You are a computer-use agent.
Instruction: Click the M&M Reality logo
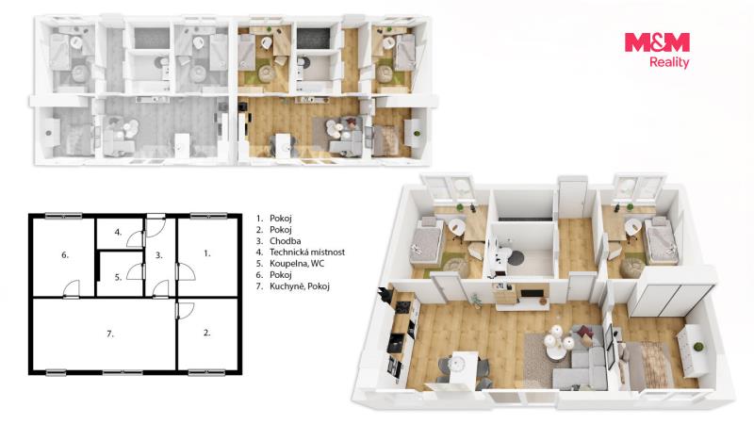[657, 51]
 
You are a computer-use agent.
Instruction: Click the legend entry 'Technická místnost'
[307, 252]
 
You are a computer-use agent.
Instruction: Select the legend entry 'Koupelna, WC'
[297, 264]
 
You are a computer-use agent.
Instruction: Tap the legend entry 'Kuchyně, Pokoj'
[299, 286]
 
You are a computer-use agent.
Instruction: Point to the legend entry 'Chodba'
[286, 241]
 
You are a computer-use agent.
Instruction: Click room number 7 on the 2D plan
[110, 334]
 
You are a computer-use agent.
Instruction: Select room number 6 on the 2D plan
[65, 254]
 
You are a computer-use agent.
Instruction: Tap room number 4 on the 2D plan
[119, 232]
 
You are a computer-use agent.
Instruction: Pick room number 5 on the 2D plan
[119, 277]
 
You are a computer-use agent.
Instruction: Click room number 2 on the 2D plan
[206, 333]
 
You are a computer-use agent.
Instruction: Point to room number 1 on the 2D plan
[206, 253]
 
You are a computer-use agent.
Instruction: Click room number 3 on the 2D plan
[158, 254]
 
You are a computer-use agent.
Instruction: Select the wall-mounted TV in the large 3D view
[532, 293]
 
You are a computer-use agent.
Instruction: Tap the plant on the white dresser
[697, 347]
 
